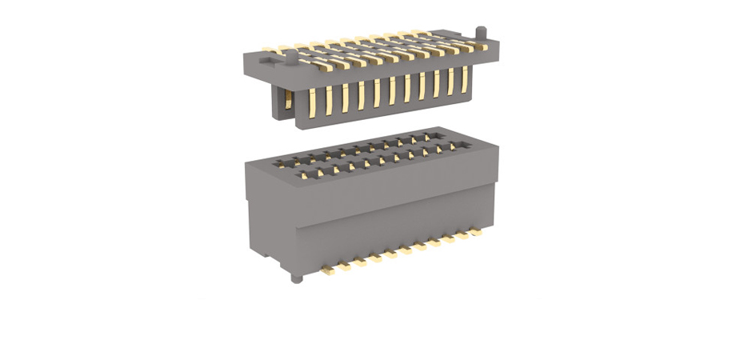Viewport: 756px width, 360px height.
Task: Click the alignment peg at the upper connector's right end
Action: (x=482, y=31)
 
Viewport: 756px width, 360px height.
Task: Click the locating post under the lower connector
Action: (x=296, y=278)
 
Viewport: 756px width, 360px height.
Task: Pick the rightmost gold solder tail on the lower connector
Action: (x=482, y=230)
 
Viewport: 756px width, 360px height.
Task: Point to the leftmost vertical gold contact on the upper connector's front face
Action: (x=312, y=102)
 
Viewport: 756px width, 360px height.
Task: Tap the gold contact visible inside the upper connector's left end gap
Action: (x=286, y=101)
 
